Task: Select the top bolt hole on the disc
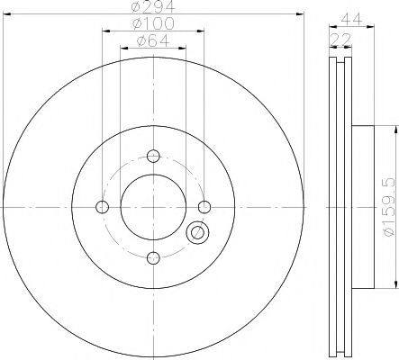point(152,155)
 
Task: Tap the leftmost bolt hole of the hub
point(102,207)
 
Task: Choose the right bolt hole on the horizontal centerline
point(204,207)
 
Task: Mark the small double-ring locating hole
point(196,234)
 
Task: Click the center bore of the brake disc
point(152,207)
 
